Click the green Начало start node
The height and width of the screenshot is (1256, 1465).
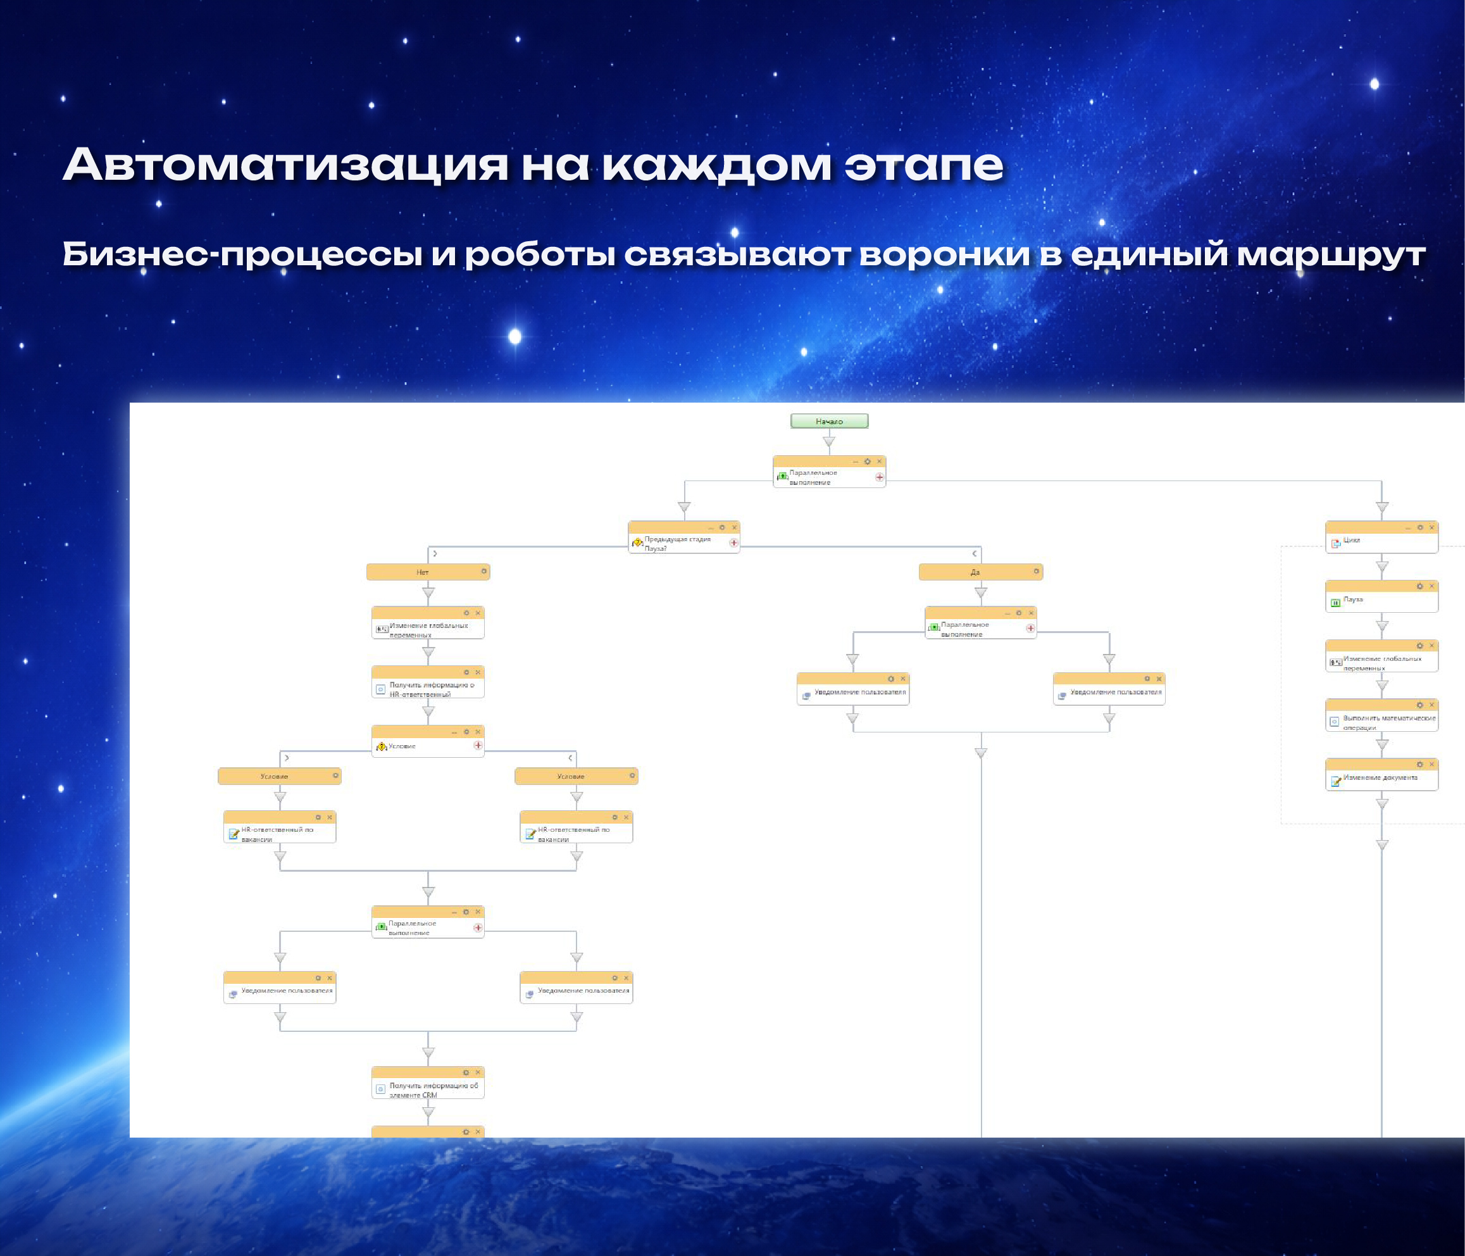pyautogui.click(x=828, y=421)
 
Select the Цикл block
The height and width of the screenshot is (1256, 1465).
pyautogui.click(x=1381, y=540)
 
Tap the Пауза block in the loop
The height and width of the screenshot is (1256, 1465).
pyautogui.click(x=1381, y=600)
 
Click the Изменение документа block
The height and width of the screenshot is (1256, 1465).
pyautogui.click(x=1381, y=777)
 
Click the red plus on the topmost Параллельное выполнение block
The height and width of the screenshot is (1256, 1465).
pyautogui.click(x=880, y=477)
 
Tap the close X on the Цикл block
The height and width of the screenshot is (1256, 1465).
pyautogui.click(x=1431, y=527)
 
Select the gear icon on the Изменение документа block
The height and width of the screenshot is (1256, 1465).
pyautogui.click(x=1419, y=765)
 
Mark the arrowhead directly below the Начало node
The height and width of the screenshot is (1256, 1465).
pyautogui.click(x=828, y=442)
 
